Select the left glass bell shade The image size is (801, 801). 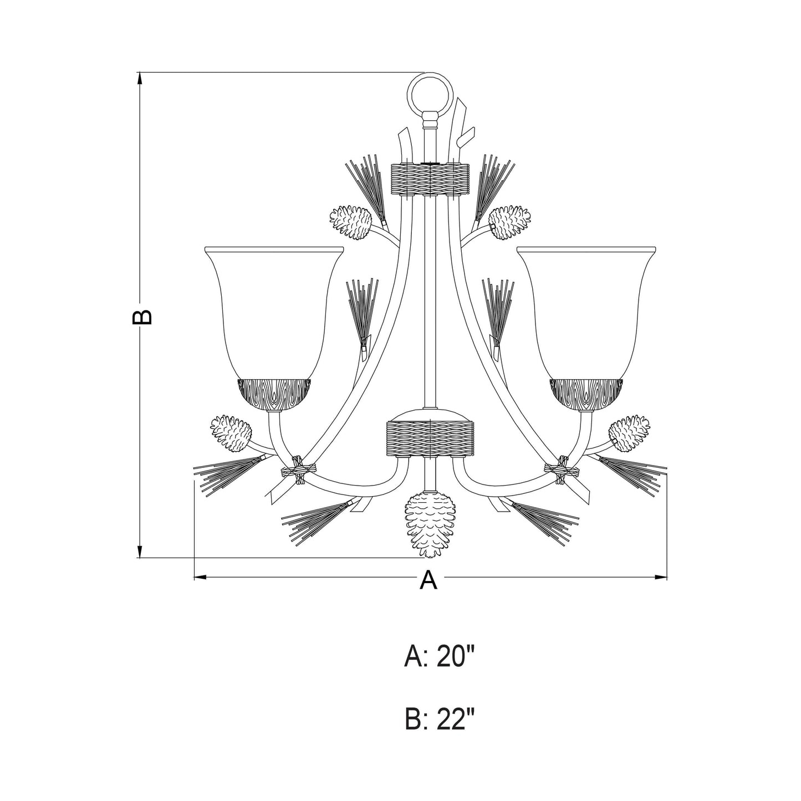274,310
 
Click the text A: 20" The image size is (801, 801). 440,657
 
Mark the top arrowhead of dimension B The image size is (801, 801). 140,78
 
